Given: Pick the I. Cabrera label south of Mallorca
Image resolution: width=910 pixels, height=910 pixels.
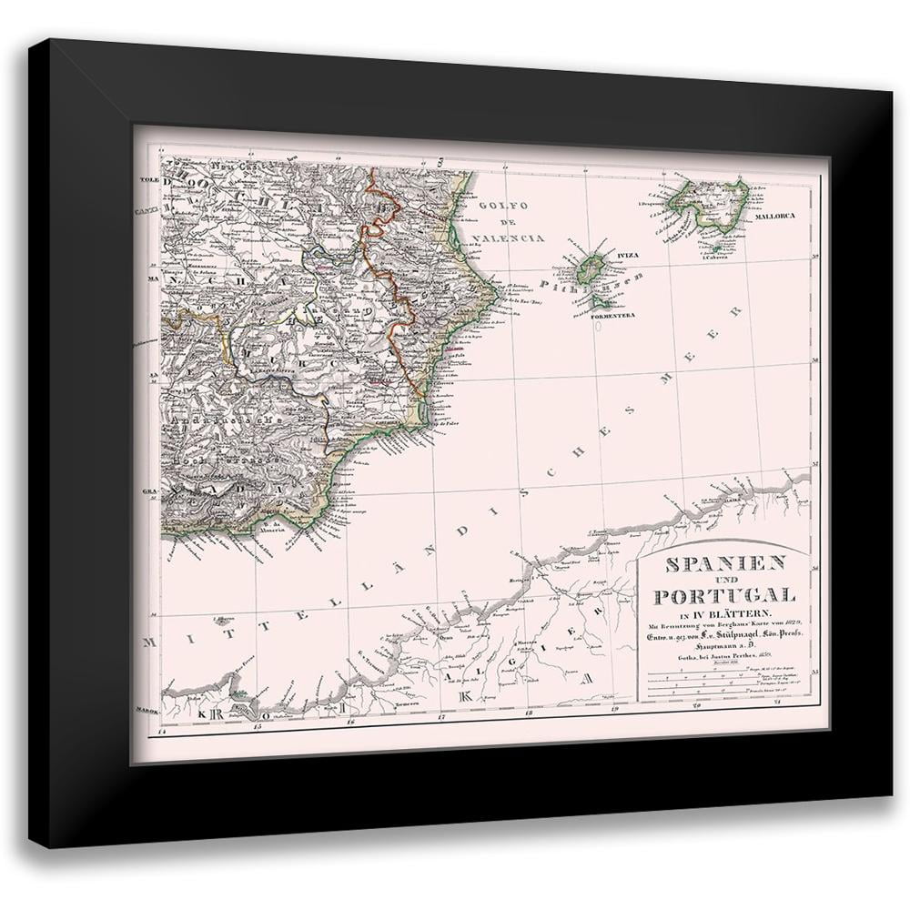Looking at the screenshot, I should [x=718, y=258].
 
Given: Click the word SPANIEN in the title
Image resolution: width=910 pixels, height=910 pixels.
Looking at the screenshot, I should [x=726, y=565].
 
